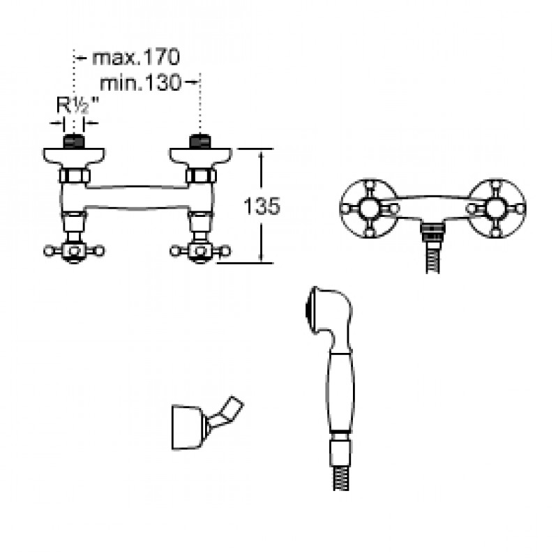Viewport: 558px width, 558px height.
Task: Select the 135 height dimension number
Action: click(x=259, y=205)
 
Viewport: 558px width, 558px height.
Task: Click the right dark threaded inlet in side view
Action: click(x=200, y=142)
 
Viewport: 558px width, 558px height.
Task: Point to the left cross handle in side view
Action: click(x=74, y=250)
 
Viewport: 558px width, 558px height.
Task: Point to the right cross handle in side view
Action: click(x=200, y=250)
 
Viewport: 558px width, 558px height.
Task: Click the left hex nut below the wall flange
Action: click(x=74, y=175)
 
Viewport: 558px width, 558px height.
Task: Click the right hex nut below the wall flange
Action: click(x=200, y=175)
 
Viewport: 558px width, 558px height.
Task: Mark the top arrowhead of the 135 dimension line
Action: click(x=262, y=152)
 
